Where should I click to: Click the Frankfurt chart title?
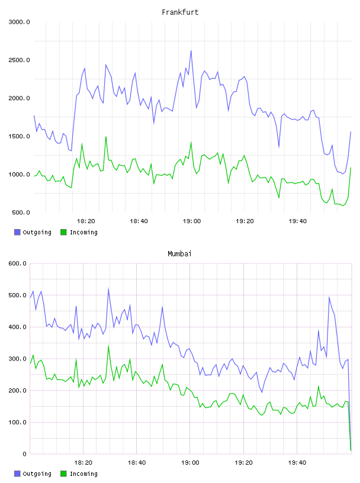tap(180, 12)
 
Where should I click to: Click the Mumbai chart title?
tap(179, 254)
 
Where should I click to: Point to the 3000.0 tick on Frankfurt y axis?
tap(19, 22)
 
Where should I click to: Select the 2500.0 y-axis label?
tap(19, 60)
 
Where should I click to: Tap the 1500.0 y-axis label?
tap(19, 137)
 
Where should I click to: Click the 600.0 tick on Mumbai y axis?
tap(17, 263)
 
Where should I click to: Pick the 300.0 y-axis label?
tap(17, 359)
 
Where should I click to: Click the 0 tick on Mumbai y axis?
tap(24, 454)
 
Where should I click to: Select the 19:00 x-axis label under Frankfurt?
tap(192, 221)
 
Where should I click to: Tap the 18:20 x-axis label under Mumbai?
tap(83, 463)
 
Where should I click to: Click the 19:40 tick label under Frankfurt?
tap(298, 221)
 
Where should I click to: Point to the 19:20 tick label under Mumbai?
tap(243, 463)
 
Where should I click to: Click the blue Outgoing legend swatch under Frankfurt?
tap(17, 232)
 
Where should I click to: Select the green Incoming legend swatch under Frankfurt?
tap(63, 232)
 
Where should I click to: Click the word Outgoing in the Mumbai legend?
tap(37, 474)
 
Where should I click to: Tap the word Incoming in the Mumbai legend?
tap(83, 474)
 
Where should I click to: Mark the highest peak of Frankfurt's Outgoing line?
tap(191, 51)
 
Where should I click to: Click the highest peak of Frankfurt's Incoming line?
tap(106, 137)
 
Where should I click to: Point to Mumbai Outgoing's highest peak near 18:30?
tap(108, 289)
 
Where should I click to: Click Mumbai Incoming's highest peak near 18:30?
tap(108, 346)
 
